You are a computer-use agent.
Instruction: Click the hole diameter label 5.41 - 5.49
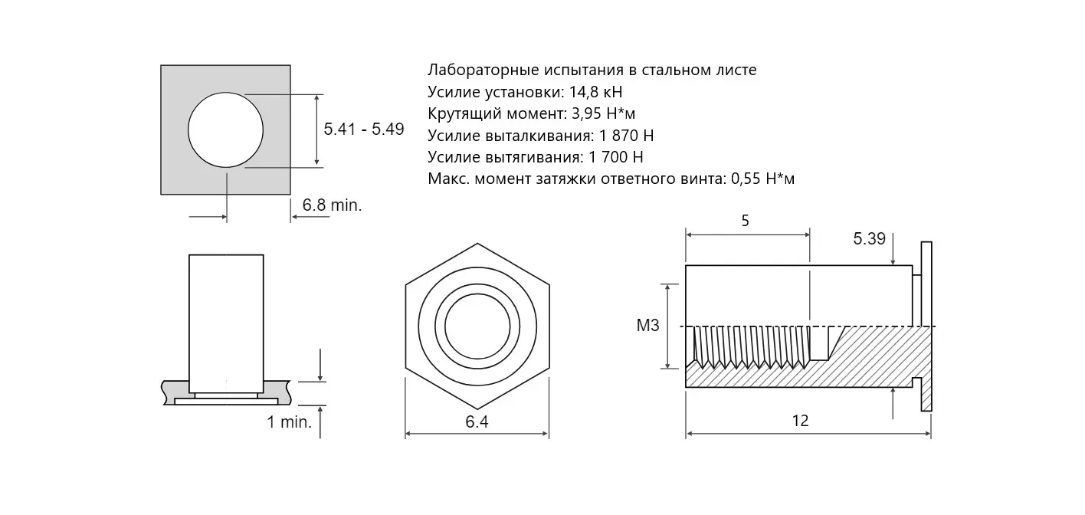(364, 130)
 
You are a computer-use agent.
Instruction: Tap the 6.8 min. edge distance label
(333, 205)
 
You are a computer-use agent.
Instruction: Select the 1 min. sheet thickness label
(289, 422)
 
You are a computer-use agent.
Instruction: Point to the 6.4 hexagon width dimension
(477, 422)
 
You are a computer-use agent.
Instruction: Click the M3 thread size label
(648, 326)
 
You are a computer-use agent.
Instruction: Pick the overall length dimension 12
(800, 421)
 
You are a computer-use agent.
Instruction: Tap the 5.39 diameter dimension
(869, 239)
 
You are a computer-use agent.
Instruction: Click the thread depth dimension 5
(746, 221)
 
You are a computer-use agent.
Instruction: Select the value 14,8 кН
(596, 92)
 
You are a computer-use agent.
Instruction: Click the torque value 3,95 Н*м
(604, 114)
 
